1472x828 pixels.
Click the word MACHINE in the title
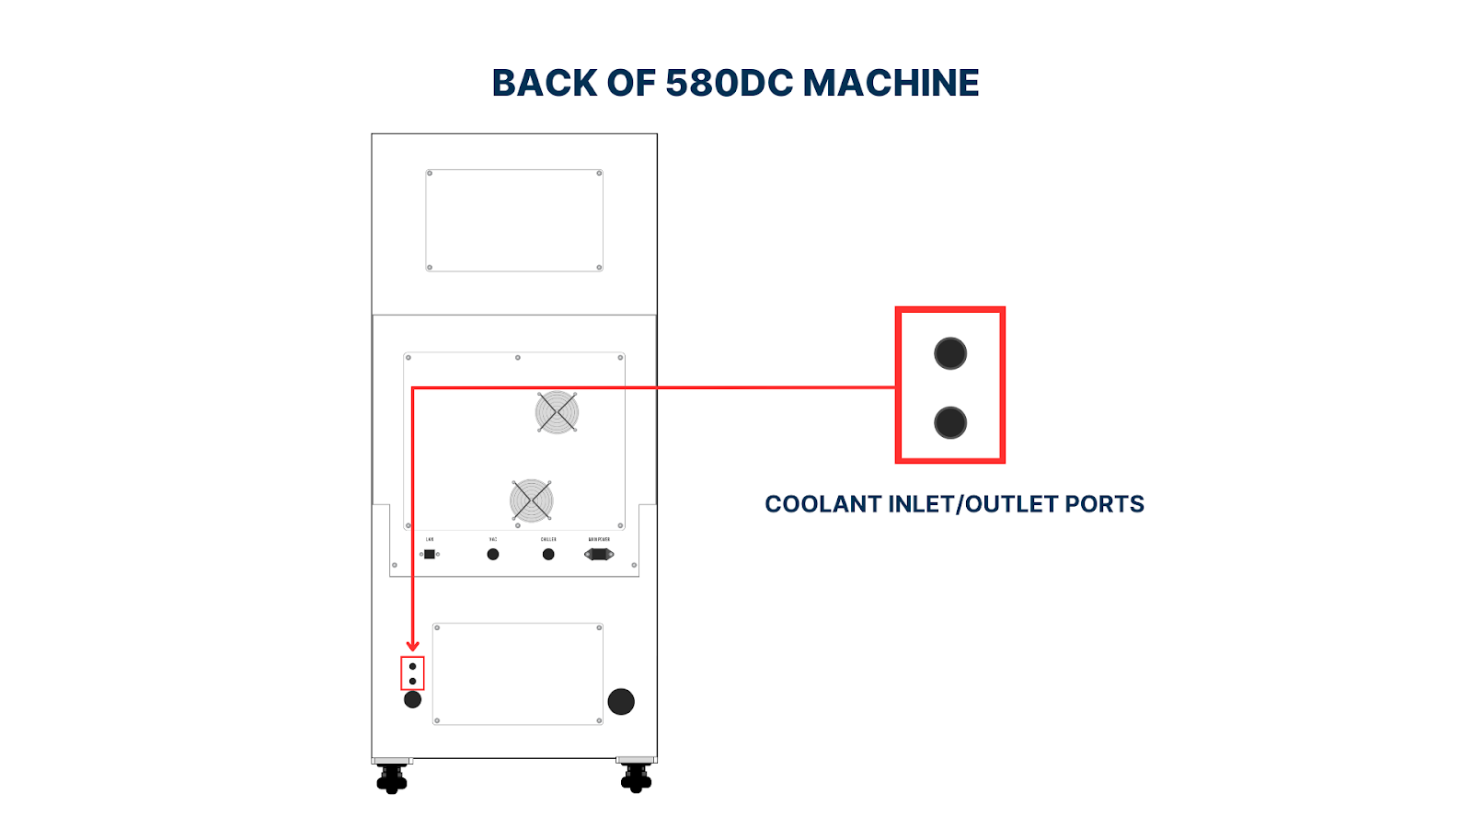[x=891, y=83]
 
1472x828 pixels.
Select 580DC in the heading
[x=729, y=83]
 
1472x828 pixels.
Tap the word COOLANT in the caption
[x=822, y=504]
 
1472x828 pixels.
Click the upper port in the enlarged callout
[x=950, y=353]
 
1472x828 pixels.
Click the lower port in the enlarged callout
[x=950, y=423]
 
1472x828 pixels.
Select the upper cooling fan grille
[x=557, y=411]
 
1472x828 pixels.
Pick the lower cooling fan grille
[x=532, y=500]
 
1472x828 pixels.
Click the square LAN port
[x=430, y=554]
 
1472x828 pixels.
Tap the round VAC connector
[x=493, y=554]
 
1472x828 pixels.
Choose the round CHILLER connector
[x=548, y=554]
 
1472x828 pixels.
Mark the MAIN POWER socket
[x=599, y=554]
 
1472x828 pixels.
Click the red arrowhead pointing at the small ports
[x=412, y=646]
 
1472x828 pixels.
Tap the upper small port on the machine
[x=412, y=666]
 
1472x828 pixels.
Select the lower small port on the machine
[x=412, y=681]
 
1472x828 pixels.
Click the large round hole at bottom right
[x=621, y=701]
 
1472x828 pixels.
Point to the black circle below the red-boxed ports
[x=412, y=699]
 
